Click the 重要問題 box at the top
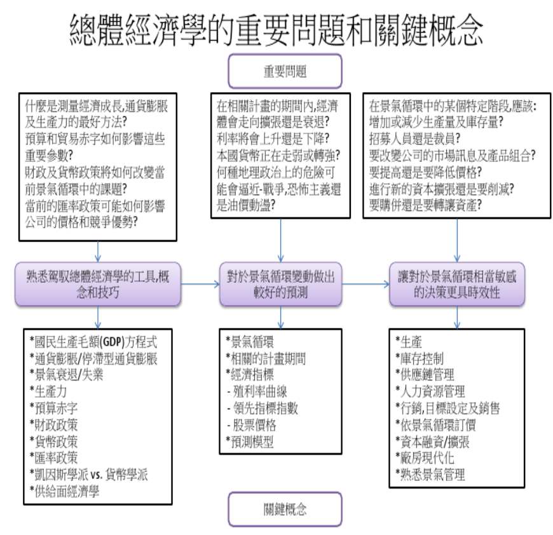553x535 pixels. click(x=285, y=71)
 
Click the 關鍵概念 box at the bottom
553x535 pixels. click(x=285, y=509)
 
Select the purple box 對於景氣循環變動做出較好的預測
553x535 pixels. click(x=281, y=284)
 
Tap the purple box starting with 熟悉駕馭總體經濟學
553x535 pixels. click(x=98, y=284)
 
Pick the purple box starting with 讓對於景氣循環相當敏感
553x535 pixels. click(x=457, y=284)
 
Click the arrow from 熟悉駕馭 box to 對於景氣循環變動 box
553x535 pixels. click(x=200, y=284)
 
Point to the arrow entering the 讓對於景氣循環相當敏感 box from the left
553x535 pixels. click(x=365, y=284)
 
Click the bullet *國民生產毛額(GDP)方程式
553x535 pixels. click(x=93, y=341)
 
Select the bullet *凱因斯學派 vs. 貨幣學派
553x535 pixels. click(x=89, y=475)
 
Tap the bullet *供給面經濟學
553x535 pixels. click(x=65, y=491)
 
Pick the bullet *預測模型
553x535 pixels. click(x=250, y=442)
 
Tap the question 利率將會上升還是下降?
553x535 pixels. click(x=273, y=139)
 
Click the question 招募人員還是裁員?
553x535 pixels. click(x=414, y=139)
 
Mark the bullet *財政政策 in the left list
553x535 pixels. click(x=53, y=425)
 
